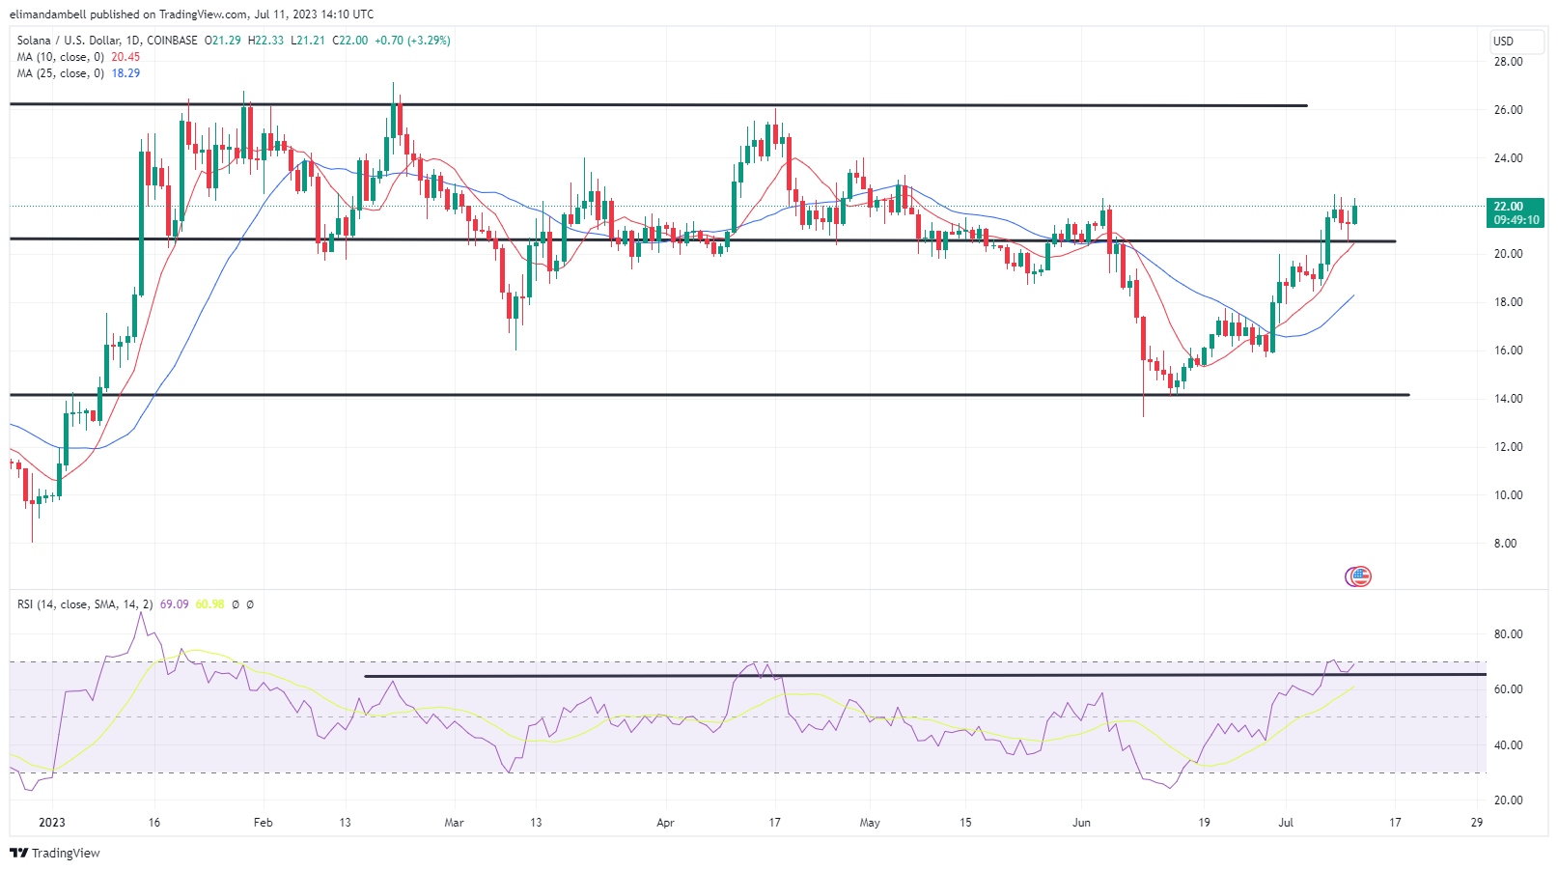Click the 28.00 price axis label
pyautogui.click(x=1508, y=62)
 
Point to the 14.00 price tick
pyautogui.click(x=1508, y=399)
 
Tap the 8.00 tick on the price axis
pyautogui.click(x=1505, y=544)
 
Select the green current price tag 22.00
pyautogui.click(x=1508, y=207)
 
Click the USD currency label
pyautogui.click(x=1503, y=41)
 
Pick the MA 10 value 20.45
pyautogui.click(x=125, y=57)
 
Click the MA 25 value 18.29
pyautogui.click(x=125, y=73)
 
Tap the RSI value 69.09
pyautogui.click(x=174, y=604)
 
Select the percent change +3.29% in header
pyautogui.click(x=429, y=41)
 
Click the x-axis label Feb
pyautogui.click(x=263, y=823)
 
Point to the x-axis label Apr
pyautogui.click(x=665, y=823)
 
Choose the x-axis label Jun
pyautogui.click(x=1081, y=823)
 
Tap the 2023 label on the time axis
pyautogui.click(x=52, y=823)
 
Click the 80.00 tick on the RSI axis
pyautogui.click(x=1508, y=634)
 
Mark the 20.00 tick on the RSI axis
pyautogui.click(x=1508, y=800)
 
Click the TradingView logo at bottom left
pyautogui.click(x=55, y=854)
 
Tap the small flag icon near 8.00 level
pyautogui.click(x=1359, y=576)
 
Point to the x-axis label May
pyautogui.click(x=870, y=823)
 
